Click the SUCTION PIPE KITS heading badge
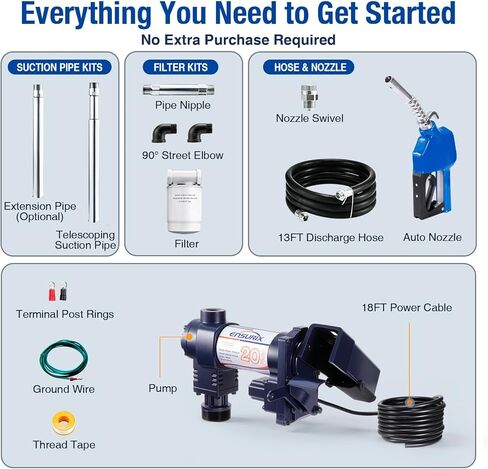[60, 67]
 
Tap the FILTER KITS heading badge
[180, 67]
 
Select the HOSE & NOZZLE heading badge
[309, 67]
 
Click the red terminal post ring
[52, 292]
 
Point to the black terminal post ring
[63, 292]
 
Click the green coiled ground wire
[63, 359]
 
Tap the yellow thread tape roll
[64, 423]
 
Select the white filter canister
[184, 201]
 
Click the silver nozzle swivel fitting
[309, 97]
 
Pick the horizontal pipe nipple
[179, 90]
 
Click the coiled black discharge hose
[330, 189]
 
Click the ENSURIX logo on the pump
[246, 337]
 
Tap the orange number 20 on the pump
[250, 356]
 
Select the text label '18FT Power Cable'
[407, 307]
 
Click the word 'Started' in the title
[410, 13]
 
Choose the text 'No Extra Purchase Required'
[238, 40]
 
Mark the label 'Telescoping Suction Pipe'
[85, 240]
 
